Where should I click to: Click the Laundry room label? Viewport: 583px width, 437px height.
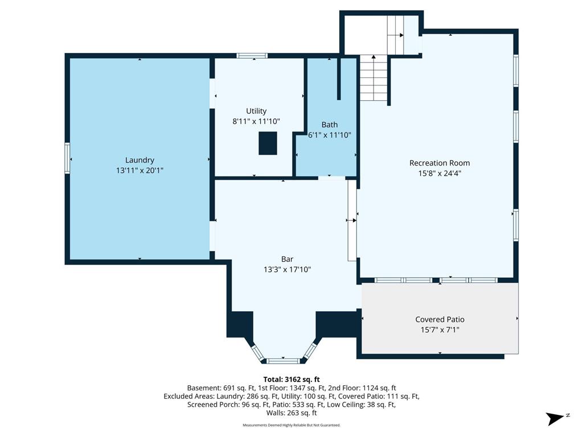coord(139,160)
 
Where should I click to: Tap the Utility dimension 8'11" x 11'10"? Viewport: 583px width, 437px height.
coord(256,121)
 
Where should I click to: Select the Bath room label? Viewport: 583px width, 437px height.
coord(330,125)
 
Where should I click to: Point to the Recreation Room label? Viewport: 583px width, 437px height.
coord(440,163)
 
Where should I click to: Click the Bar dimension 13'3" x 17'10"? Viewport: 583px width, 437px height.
coord(287,269)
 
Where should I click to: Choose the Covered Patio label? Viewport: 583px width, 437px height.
coord(440,319)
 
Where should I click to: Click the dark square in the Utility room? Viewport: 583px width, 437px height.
coord(268,143)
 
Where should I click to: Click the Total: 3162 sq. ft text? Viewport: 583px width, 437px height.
coord(291,380)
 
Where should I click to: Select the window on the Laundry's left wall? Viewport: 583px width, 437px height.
coord(67,158)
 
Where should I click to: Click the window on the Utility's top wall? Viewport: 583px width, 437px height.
coord(252,56)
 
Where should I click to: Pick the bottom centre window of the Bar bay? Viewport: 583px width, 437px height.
coord(284,361)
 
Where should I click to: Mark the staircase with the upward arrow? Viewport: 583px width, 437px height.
coord(373,78)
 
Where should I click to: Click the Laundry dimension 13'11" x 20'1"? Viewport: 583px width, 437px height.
coord(140,171)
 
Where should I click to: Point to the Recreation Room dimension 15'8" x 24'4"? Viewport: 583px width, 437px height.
coord(440,173)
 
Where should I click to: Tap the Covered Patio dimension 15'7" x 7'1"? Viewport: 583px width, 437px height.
coord(440,329)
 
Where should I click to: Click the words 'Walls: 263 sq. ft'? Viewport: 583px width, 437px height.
coord(291,413)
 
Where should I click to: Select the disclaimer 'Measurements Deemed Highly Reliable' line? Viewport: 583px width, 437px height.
coord(291,425)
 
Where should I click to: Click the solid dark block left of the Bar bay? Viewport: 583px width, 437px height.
coord(240,324)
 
